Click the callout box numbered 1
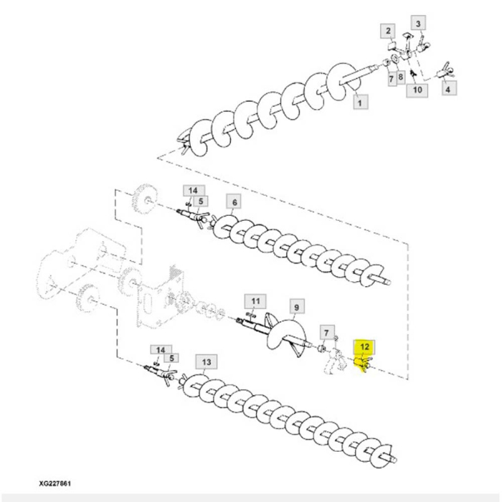pyautogui.click(x=360, y=102)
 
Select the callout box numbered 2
pyautogui.click(x=388, y=31)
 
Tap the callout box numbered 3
pyautogui.click(x=418, y=24)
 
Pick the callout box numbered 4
pyautogui.click(x=448, y=88)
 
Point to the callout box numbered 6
pyautogui.click(x=235, y=202)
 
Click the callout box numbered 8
pyautogui.click(x=400, y=77)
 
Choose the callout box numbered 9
pyautogui.click(x=296, y=308)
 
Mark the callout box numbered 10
pyautogui.click(x=417, y=90)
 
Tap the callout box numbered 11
pyautogui.click(x=255, y=302)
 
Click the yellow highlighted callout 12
pyautogui.click(x=364, y=347)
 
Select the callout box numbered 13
pyautogui.click(x=207, y=362)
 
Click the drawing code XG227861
pyautogui.click(x=55, y=483)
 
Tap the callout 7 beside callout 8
pyautogui.click(x=392, y=77)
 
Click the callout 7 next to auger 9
pyautogui.click(x=326, y=333)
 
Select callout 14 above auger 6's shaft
pyautogui.click(x=194, y=191)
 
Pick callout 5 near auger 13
pyautogui.click(x=171, y=358)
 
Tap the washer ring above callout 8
pyautogui.click(x=394, y=59)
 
